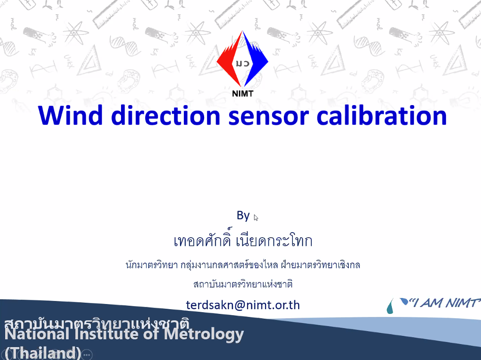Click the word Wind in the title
(70, 115)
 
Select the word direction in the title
(166, 115)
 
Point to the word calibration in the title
(381, 115)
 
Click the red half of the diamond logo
(229, 60)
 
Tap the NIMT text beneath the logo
(242, 93)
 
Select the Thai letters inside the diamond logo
(242, 64)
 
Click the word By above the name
(243, 216)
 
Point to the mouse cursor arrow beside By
(256, 217)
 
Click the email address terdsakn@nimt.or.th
(243, 305)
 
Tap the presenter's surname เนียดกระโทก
(274, 240)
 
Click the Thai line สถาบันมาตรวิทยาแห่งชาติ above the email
(243, 284)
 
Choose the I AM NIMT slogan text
(444, 303)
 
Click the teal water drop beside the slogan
(390, 307)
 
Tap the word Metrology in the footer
(204, 334)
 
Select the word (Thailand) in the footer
(43, 353)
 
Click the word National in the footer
(37, 334)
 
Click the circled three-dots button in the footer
(87, 355)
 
